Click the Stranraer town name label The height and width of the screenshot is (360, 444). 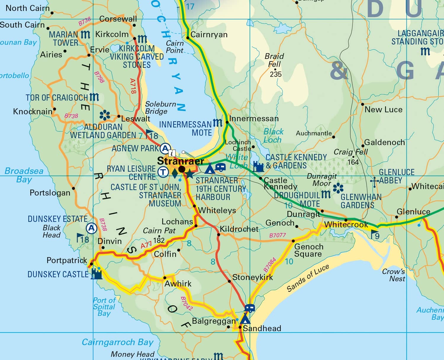coord(180,161)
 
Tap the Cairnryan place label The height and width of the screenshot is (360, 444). coord(209,35)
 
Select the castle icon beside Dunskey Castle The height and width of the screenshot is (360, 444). coord(96,274)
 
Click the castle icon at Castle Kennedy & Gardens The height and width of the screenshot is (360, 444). coord(258,167)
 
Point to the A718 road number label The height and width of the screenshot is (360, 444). coord(133,86)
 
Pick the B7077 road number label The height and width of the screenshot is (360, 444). coord(277,235)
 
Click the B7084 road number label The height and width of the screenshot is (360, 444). coord(270,265)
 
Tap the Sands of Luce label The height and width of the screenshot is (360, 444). coord(308,278)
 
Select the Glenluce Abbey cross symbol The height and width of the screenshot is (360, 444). coord(374,181)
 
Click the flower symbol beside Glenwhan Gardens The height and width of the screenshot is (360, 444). coord(338,188)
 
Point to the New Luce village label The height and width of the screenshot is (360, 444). coord(383,110)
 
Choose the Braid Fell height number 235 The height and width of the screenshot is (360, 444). coord(276,74)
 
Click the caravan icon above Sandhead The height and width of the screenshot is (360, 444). coord(250,308)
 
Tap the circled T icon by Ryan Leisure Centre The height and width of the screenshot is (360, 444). coord(163,172)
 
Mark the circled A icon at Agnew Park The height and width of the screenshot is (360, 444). coord(165,148)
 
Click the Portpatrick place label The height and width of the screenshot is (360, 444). coord(67,260)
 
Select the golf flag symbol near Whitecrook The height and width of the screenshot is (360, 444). coord(374,234)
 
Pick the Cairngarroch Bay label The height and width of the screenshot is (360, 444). coord(118,342)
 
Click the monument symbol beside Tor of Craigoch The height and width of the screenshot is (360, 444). coord(94,97)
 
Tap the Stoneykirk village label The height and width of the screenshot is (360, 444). coord(252,277)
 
